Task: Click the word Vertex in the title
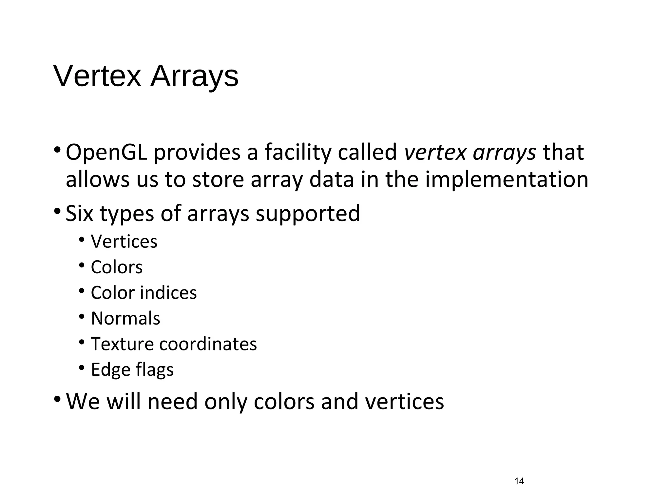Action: coord(97,76)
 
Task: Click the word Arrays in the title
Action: coord(194,76)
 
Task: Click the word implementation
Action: coord(507,180)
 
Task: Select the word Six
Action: coord(79,213)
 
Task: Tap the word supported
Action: coord(308,214)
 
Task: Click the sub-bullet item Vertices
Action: coord(124,241)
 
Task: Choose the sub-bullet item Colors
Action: coord(117,267)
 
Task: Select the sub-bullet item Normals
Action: coord(125,318)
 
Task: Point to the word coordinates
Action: coord(208,344)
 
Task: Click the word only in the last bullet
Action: coord(225,402)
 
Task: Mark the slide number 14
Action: coord(519,481)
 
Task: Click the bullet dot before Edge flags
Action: coord(82,367)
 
